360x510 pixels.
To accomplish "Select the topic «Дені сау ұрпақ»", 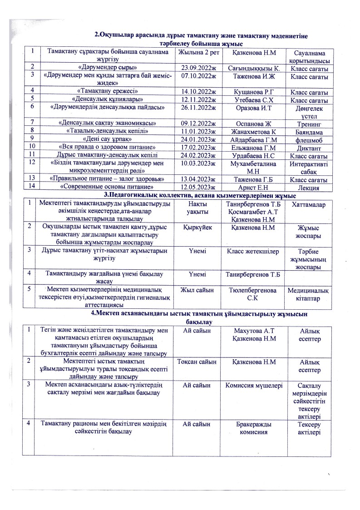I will pos(107,140).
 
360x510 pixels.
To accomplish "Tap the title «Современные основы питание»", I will pos(107,187).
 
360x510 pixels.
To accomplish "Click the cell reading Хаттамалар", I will pos(309,206).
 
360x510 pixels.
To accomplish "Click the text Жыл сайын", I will pos(198,290).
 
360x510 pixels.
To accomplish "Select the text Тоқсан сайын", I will pos(197,361).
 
